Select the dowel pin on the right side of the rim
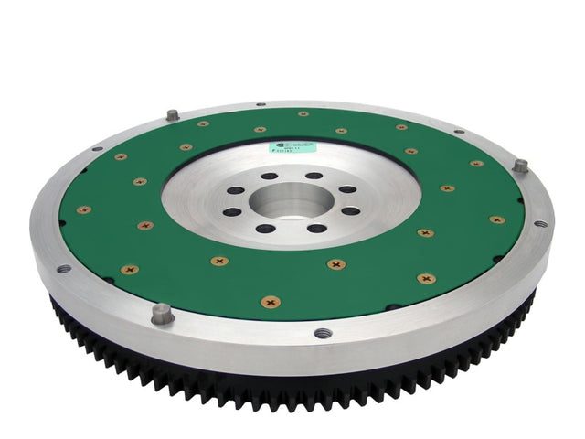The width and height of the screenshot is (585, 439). [x=519, y=166]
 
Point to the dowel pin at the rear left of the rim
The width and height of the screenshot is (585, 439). [x=171, y=115]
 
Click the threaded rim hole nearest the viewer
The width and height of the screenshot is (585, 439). [x=321, y=333]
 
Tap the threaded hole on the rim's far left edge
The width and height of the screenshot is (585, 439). [x=63, y=269]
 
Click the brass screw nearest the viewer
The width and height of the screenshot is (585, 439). [x=271, y=301]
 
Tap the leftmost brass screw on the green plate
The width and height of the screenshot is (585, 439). [x=83, y=209]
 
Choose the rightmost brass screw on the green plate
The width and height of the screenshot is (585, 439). [x=496, y=219]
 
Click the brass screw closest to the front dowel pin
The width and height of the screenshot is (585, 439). [x=130, y=270]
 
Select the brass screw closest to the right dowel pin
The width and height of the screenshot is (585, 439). [x=476, y=164]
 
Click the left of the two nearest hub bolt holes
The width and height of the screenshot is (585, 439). [x=265, y=229]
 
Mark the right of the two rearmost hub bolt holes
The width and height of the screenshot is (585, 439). [x=314, y=176]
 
